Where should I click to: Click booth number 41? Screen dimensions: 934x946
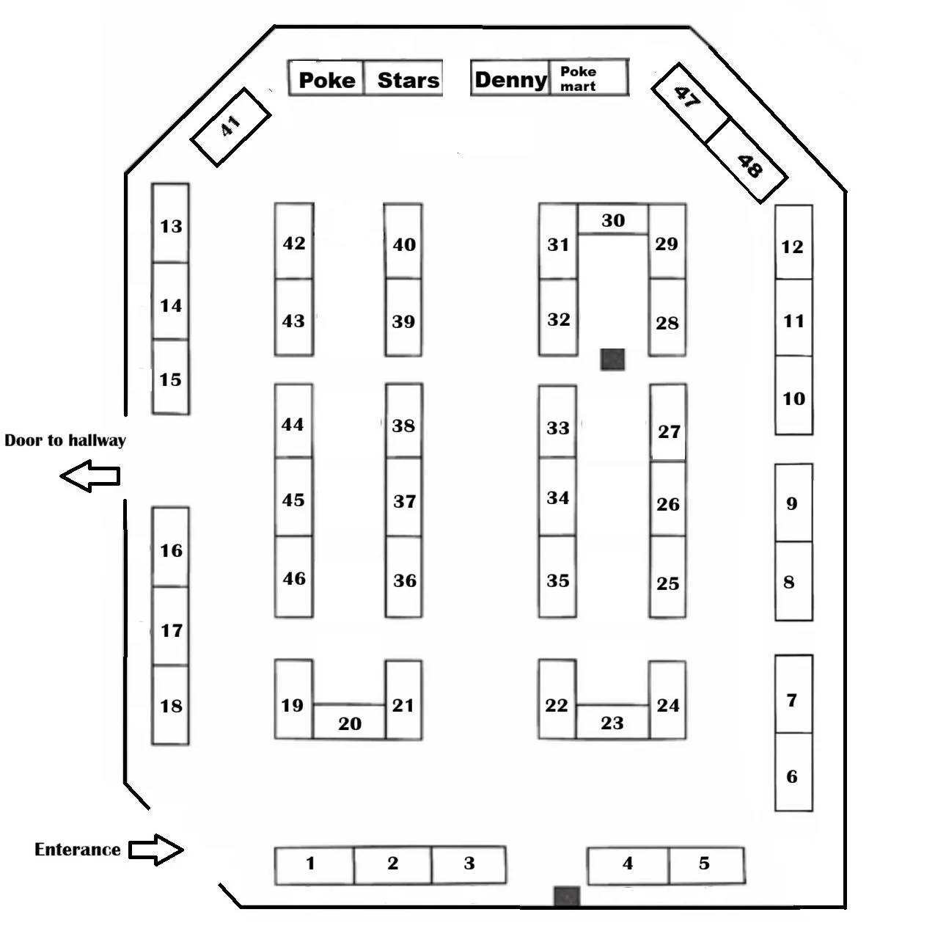[230, 126]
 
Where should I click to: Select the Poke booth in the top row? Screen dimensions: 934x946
[326, 79]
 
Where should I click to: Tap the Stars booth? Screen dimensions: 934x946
[406, 79]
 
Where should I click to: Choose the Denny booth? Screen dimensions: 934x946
[510, 79]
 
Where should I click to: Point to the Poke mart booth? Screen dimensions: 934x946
[588, 79]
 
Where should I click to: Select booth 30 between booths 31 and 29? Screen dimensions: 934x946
[613, 219]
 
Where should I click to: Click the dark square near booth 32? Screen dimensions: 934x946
[612, 359]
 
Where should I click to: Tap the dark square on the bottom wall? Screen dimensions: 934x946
[567, 896]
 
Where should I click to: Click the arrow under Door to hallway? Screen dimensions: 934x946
[89, 475]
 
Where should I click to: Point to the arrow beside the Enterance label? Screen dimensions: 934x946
[156, 850]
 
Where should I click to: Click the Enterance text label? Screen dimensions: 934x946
[78, 850]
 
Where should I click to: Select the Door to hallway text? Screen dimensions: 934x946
[65, 440]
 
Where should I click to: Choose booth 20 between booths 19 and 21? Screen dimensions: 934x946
[349, 723]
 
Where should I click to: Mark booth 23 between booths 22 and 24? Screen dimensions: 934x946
[612, 723]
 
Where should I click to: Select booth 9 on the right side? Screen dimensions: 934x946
[793, 503]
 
